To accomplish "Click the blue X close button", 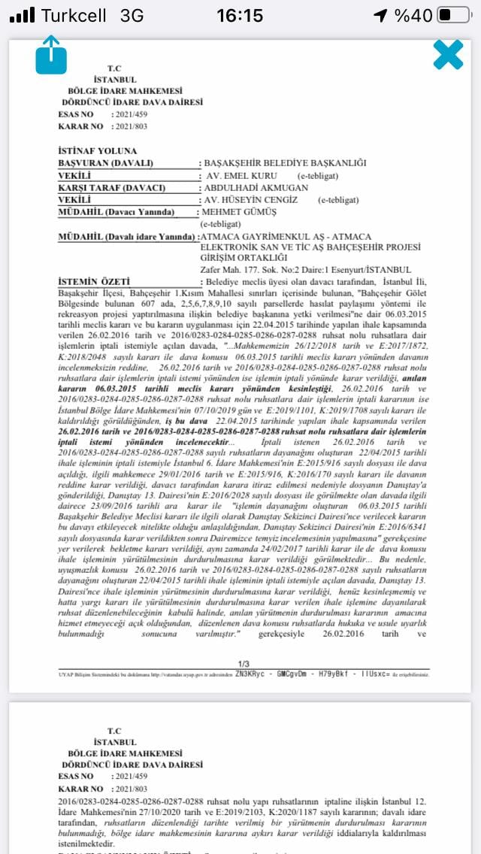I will (448, 55).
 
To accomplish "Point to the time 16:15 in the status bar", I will (240, 15).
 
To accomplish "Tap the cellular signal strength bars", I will (23, 15).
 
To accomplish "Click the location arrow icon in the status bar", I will (382, 15).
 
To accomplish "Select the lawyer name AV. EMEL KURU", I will (243, 175).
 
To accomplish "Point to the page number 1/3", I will (243, 664).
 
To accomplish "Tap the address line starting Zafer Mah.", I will (306, 269).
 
